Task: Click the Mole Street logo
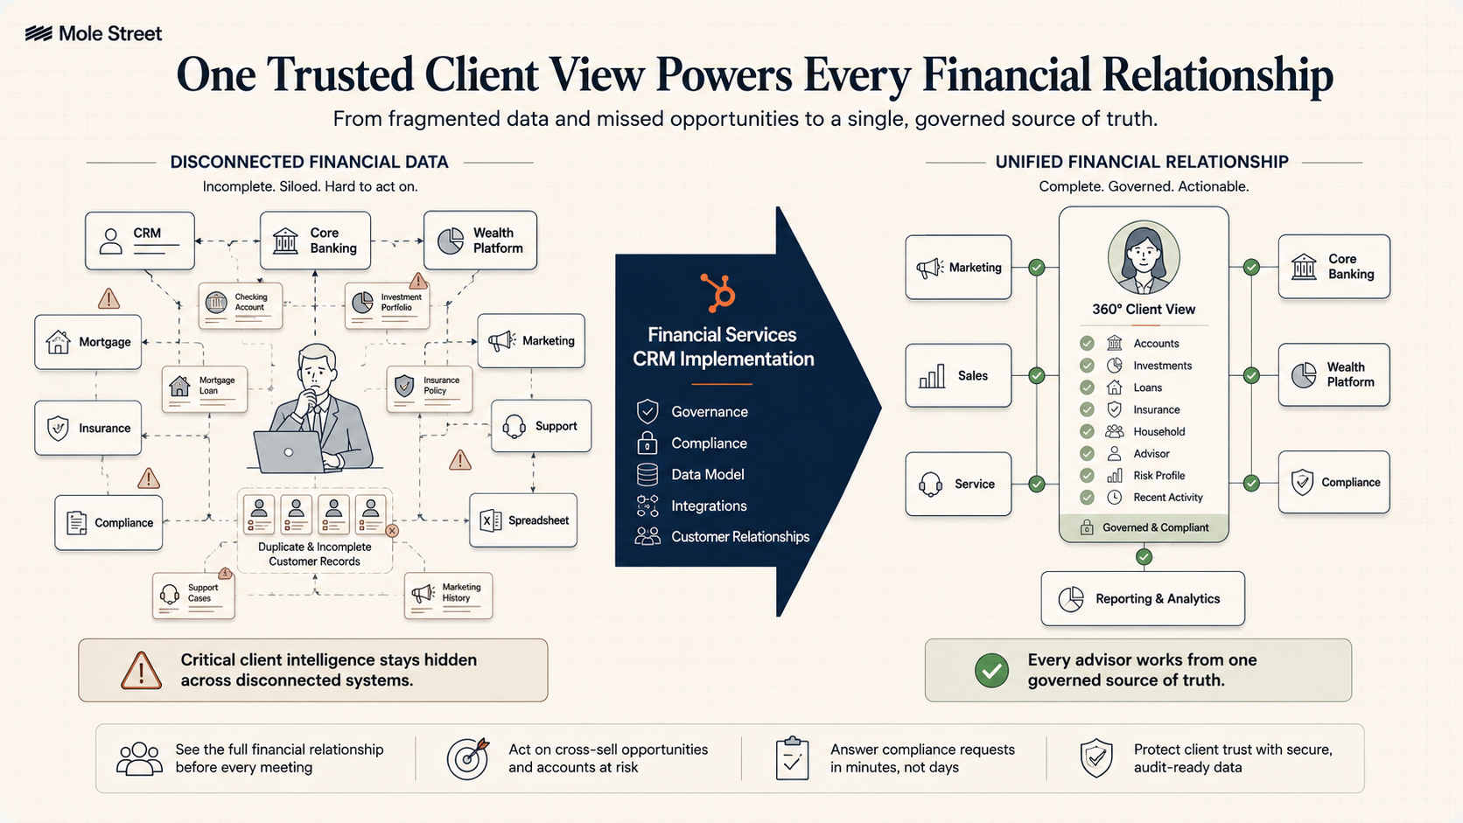pyautogui.click(x=94, y=33)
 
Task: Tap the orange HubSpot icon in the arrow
pyautogui.click(x=719, y=292)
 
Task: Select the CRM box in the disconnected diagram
pyautogui.click(x=140, y=241)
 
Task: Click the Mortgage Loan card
pyautogui.click(x=205, y=389)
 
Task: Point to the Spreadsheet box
pyautogui.click(x=523, y=520)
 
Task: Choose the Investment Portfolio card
pyautogui.click(x=388, y=304)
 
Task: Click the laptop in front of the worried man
pyautogui.click(x=289, y=451)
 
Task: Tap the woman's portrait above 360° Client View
pyautogui.click(x=1144, y=257)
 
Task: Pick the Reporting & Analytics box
pyautogui.click(x=1143, y=598)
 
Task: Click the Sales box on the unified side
pyautogui.click(x=958, y=375)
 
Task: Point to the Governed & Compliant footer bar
pyautogui.click(x=1144, y=527)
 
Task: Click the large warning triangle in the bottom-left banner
pyautogui.click(x=141, y=670)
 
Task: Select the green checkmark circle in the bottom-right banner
pyautogui.click(x=991, y=670)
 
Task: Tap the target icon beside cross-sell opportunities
pyautogui.click(x=467, y=758)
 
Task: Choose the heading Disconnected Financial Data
pyautogui.click(x=309, y=162)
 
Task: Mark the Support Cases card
pyautogui.click(x=193, y=596)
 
